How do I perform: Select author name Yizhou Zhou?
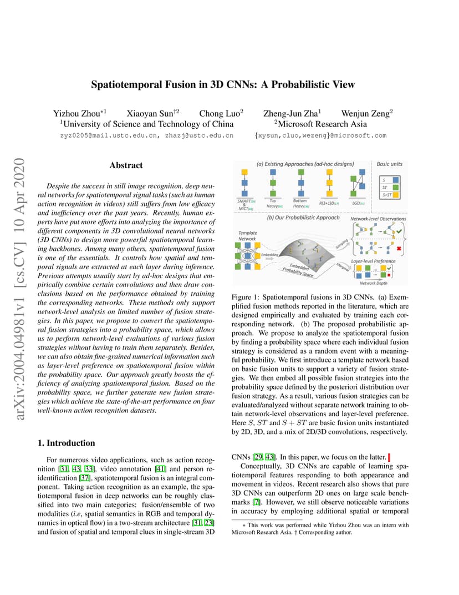pyautogui.click(x=76, y=113)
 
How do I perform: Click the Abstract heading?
pyautogui.click(x=126, y=165)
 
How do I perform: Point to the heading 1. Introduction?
pyautogui.click(x=66, y=443)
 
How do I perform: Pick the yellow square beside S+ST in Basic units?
pyautogui.click(x=397, y=195)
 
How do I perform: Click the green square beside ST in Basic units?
pyautogui.click(x=397, y=188)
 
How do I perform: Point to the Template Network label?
pyautogui.click(x=247, y=235)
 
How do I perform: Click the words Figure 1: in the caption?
pyautogui.click(x=244, y=297)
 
